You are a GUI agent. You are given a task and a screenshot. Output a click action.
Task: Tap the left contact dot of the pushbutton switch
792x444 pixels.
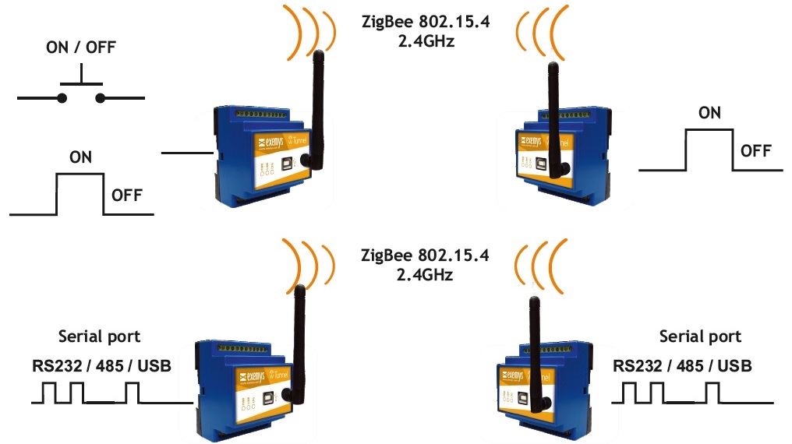[61, 97]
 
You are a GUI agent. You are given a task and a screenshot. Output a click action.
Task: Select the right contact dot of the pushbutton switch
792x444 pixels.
[101, 97]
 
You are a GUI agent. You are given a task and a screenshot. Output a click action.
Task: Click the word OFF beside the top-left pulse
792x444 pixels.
[127, 195]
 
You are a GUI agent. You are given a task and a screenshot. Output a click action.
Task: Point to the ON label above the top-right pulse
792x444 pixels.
[709, 113]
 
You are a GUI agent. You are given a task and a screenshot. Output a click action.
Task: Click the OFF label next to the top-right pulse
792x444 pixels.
[756, 150]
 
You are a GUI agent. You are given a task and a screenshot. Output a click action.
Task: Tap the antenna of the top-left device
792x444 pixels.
[316, 101]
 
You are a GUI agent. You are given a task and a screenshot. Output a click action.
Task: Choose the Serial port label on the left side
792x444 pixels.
[100, 337]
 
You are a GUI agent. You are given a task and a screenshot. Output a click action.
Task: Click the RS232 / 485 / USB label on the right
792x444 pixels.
[683, 365]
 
